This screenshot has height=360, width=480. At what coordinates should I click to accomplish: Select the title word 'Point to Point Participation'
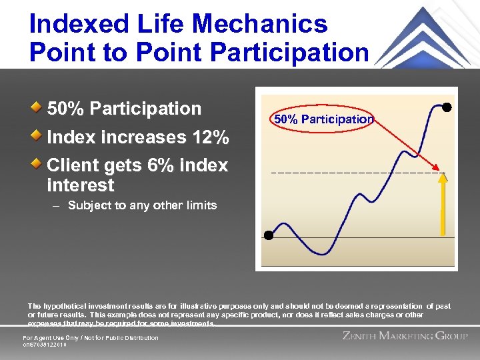coord(199,52)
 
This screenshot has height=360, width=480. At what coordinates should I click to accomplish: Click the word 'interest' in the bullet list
coord(81,185)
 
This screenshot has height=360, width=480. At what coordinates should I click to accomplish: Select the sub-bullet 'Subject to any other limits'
coord(142,205)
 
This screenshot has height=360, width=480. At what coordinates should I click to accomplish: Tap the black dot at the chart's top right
coord(447,107)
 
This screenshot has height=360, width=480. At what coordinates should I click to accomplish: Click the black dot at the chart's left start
coord(268,235)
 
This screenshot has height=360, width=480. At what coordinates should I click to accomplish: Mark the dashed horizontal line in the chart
coord(353,173)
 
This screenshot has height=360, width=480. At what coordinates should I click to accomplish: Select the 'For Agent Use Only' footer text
coord(91,338)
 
